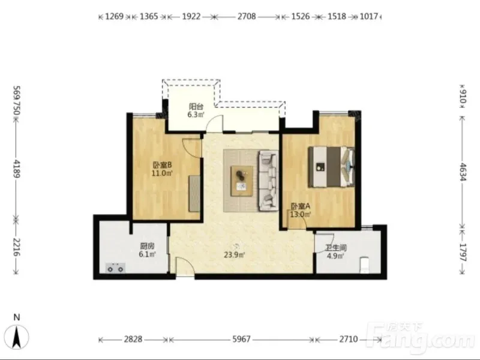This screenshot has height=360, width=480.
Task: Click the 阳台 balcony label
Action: click(196, 107)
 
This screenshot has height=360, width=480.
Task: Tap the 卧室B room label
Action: click(162, 166)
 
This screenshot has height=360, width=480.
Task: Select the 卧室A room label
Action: click(301, 206)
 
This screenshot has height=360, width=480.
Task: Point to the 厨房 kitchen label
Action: click(147, 246)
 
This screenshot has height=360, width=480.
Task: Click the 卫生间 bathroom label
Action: click(336, 248)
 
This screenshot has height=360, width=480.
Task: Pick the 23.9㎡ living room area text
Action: click(234, 254)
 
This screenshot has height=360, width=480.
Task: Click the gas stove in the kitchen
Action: click(115, 268)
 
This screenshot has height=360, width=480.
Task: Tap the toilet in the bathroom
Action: click(365, 265)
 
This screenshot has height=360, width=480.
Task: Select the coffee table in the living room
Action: click(242, 181)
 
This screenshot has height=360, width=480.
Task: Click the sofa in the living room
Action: click(269, 181)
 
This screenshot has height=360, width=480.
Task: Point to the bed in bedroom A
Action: click(331, 167)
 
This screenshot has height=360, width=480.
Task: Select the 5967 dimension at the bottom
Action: click(242, 339)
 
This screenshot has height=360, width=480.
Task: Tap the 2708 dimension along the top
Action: click(247, 16)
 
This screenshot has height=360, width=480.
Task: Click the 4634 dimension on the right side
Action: click(463, 172)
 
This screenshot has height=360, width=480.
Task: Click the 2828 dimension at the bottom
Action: click(133, 339)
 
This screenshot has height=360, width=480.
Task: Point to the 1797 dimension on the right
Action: click(463, 252)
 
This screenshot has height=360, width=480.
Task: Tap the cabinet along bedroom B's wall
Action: click(194, 193)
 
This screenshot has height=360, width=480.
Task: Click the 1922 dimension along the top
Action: click(191, 16)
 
